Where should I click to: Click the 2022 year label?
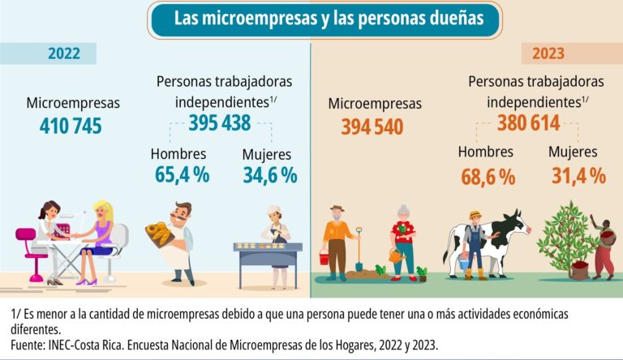click(x=64, y=54)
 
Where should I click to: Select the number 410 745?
click(x=70, y=126)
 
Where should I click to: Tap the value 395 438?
click(x=219, y=122)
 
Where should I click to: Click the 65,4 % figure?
click(x=183, y=174)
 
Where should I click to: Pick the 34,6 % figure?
click(x=270, y=174)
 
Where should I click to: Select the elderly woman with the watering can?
click(x=403, y=241)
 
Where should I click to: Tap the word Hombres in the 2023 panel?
click(x=485, y=152)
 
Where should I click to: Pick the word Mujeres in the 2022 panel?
click(x=268, y=153)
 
